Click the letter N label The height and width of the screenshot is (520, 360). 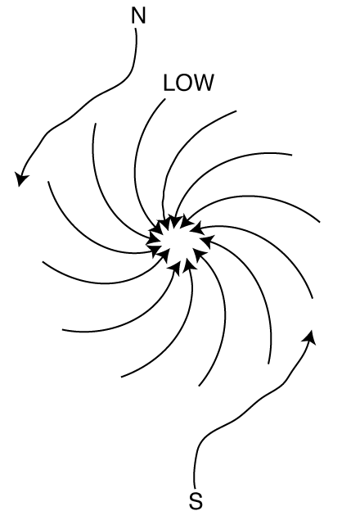(x=138, y=16)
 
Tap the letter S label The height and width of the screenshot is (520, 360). (x=196, y=501)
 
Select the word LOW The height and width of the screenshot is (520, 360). (x=188, y=83)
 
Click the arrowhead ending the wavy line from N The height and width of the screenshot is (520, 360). (x=21, y=179)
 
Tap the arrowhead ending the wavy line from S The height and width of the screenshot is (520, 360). (x=309, y=337)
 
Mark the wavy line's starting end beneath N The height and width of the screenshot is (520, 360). (x=136, y=29)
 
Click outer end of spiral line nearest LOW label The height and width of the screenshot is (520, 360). (x=164, y=99)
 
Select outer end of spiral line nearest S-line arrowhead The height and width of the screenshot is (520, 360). (x=313, y=298)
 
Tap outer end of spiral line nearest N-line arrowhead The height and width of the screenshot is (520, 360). (x=48, y=182)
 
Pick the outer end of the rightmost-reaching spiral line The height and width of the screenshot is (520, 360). (x=320, y=222)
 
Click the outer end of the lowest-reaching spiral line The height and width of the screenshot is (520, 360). (x=199, y=386)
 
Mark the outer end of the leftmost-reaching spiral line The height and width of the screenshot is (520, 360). (x=43, y=262)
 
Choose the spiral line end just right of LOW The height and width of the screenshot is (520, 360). (x=236, y=111)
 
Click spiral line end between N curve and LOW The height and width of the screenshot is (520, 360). (x=96, y=124)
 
